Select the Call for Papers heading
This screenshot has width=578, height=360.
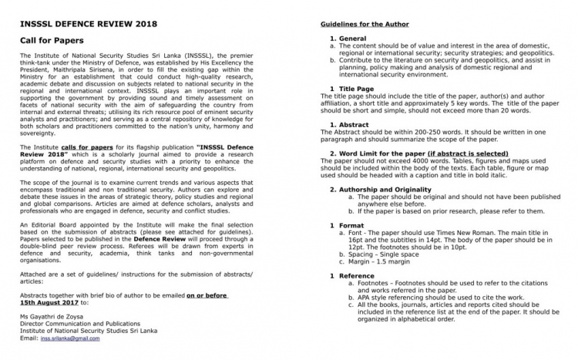[x=52, y=40]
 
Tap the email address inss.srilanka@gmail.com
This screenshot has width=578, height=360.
[x=72, y=338]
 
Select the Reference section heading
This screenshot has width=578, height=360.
[x=356, y=275]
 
